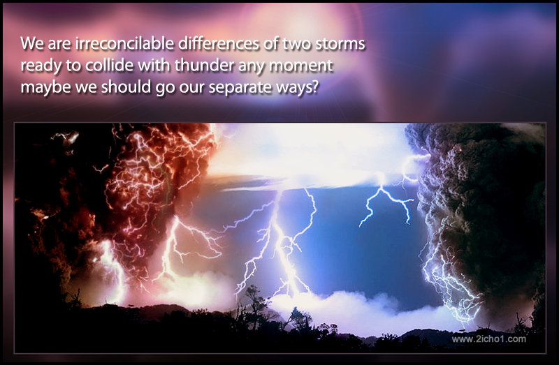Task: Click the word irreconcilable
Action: click(x=125, y=43)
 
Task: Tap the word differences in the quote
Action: click(x=219, y=43)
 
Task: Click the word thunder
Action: click(x=204, y=66)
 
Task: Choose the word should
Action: click(x=126, y=87)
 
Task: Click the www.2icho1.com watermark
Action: click(x=488, y=339)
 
